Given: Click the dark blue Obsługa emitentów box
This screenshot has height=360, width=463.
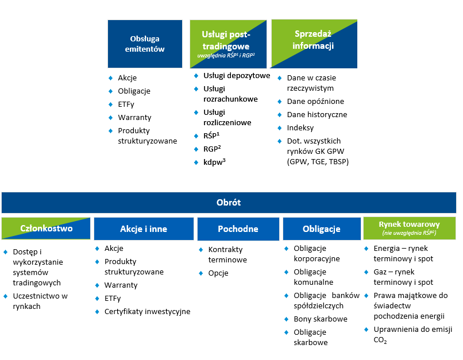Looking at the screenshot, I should [145, 44].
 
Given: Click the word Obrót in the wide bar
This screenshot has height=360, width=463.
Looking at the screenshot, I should [229, 203].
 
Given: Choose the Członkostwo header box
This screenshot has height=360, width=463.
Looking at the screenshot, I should [46, 229].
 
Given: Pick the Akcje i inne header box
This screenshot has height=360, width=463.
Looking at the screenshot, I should [144, 229].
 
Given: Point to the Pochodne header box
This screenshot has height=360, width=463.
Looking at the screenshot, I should [238, 229].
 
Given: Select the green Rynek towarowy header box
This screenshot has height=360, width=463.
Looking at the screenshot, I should [409, 228].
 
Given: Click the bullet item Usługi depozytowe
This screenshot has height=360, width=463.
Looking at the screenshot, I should [236, 76].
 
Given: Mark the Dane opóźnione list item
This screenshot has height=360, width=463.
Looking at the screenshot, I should [315, 101].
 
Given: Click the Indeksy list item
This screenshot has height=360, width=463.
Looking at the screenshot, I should [300, 128].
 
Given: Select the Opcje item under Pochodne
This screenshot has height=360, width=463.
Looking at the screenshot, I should [218, 273].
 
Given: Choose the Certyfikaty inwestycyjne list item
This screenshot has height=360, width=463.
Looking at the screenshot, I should [147, 312].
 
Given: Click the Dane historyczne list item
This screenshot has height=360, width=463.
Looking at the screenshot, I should [317, 115].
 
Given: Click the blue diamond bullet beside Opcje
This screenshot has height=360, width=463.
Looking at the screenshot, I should [201, 273].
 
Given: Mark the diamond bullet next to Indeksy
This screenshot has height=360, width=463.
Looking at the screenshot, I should [280, 128].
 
